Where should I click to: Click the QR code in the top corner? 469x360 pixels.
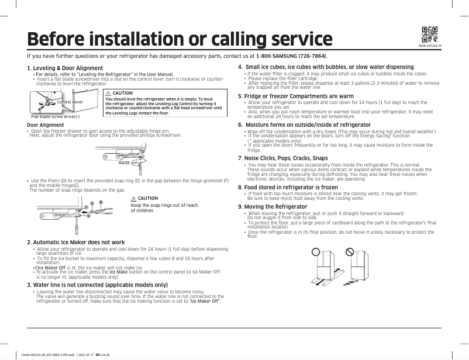(x=429, y=34)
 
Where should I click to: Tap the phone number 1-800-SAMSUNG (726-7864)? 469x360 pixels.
(x=291, y=56)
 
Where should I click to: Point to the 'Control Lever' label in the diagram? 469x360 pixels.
(x=70, y=102)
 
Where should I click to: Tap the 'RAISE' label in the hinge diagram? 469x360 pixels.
(x=124, y=162)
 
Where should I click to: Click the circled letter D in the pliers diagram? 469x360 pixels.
(x=101, y=202)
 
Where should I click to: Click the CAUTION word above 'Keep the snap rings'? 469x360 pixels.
(x=148, y=199)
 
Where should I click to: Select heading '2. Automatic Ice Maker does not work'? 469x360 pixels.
(x=76, y=242)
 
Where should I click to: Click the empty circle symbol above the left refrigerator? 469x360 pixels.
(x=316, y=251)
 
